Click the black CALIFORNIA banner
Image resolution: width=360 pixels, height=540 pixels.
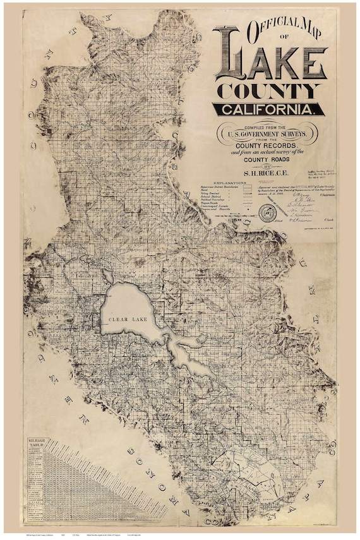269,109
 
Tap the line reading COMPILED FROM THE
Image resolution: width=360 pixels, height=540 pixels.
268,125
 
